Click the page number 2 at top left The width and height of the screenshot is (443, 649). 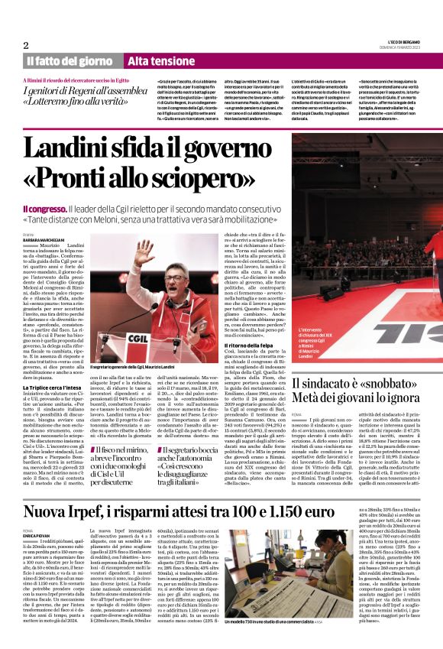pos(26,44)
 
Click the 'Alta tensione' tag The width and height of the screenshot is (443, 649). pos(156,60)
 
